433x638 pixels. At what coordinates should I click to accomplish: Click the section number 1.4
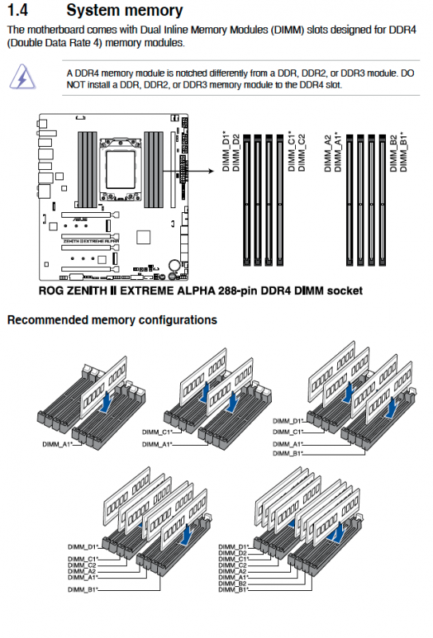click(18, 10)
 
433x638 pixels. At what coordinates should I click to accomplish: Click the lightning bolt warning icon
click(22, 77)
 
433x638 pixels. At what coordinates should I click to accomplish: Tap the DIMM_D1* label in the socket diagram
click(226, 151)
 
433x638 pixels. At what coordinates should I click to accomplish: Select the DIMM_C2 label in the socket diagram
click(301, 153)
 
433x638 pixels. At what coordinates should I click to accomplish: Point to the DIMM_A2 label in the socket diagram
click(328, 154)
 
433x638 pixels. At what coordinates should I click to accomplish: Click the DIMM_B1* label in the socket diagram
click(403, 152)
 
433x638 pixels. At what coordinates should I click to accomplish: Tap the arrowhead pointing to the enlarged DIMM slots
click(211, 171)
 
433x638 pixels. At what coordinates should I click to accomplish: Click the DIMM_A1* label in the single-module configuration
click(57, 444)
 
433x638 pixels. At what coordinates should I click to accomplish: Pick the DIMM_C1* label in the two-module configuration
click(157, 432)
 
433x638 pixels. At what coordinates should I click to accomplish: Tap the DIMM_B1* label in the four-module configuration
click(288, 453)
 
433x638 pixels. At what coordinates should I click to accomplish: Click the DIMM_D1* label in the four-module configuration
click(288, 421)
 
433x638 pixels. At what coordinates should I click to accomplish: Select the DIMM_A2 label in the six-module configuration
click(82, 571)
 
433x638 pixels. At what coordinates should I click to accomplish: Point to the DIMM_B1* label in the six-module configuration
click(83, 589)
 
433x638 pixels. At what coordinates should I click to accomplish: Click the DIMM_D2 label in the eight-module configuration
click(232, 553)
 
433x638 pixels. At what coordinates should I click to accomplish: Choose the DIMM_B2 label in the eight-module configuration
click(232, 584)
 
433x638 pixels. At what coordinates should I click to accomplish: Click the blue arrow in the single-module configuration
click(106, 402)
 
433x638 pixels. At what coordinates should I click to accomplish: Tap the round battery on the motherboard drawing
click(175, 265)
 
